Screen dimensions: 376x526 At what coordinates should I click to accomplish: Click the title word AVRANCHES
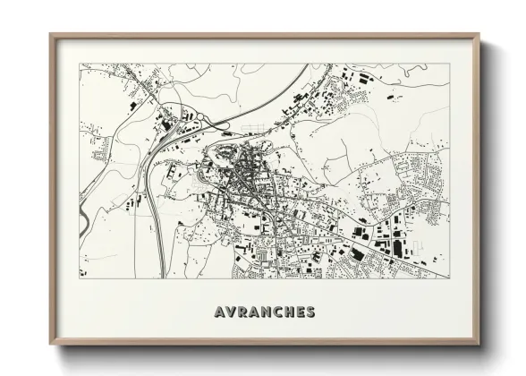(264, 312)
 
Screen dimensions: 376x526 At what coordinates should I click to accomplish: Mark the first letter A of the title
(220, 312)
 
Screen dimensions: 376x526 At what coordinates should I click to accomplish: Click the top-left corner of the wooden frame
(50, 35)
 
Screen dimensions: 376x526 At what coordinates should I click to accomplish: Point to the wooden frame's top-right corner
(479, 35)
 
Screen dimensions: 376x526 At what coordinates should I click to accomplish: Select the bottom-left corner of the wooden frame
(50, 345)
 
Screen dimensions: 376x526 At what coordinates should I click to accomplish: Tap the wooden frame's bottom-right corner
(479, 345)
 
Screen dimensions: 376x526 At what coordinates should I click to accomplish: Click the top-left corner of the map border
(81, 64)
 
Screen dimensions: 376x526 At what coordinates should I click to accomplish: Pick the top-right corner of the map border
(449, 64)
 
